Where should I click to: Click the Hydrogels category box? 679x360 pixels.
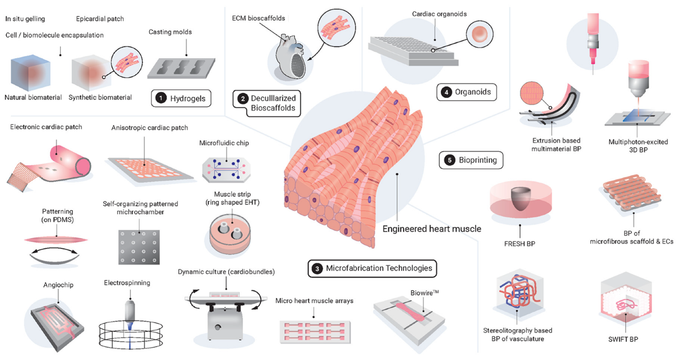[181, 98]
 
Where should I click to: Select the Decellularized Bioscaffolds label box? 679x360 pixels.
[267, 103]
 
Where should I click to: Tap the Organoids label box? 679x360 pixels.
[466, 92]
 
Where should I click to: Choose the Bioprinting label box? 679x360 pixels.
[471, 160]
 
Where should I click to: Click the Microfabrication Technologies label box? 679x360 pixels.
[372, 268]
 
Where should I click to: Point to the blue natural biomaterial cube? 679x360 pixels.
[30, 73]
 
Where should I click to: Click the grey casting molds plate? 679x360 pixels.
[181, 69]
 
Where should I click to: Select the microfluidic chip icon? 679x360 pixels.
[226, 170]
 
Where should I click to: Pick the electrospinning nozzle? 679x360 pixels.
[130, 312]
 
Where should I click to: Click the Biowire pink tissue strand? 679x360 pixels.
[409, 312]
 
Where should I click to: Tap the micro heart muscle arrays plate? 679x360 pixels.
[315, 332]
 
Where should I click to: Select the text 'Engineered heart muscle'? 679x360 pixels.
[431, 229]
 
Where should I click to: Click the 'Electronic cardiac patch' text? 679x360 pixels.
[46, 127]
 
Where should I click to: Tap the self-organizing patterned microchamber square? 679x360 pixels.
[139, 247]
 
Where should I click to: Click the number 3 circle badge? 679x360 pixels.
[317, 268]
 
